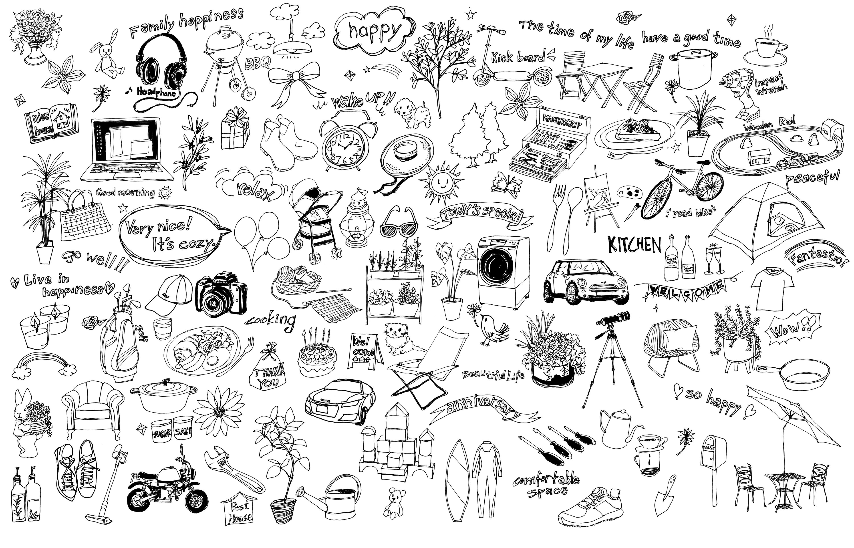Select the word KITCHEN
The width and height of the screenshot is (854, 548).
pyautogui.click(x=634, y=245)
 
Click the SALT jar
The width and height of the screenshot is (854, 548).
pyautogui.click(x=183, y=432)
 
